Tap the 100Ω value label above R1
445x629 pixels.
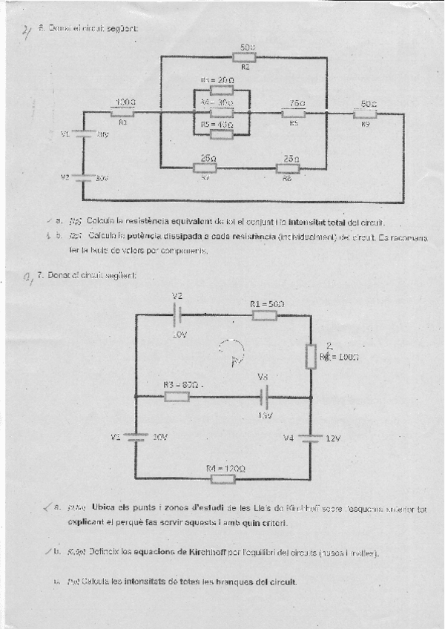pos(125,102)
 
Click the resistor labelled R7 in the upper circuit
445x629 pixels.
pos(205,168)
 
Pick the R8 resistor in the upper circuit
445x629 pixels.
pos(288,168)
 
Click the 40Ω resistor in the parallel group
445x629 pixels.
pos(221,134)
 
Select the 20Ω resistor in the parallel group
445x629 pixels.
pos(221,90)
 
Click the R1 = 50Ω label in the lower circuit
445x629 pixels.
pos(267,304)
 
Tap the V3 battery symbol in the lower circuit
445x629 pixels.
pos(265,396)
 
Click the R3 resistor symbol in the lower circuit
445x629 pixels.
pos(177,396)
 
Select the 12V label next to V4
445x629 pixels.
pos(334,438)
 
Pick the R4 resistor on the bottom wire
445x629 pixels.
pos(222,479)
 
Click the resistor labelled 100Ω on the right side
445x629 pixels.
pos(311,356)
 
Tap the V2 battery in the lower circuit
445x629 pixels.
pos(178,315)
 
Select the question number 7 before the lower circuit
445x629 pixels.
pos(40,276)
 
